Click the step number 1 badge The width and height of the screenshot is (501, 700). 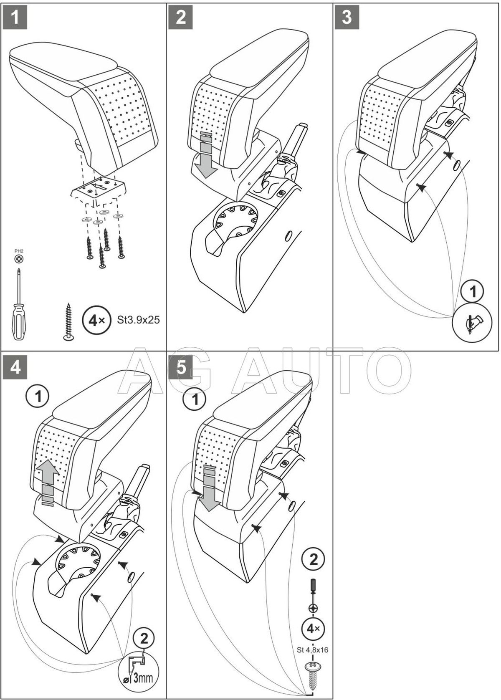click(x=15, y=17)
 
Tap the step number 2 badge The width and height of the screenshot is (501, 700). click(x=181, y=17)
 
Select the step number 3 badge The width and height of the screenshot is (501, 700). click(x=347, y=17)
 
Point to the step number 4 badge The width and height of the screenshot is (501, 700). click(x=15, y=368)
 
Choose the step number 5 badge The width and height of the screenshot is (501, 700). click(x=181, y=368)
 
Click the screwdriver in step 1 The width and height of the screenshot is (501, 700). click(x=18, y=306)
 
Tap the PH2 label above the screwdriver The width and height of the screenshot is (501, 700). click(x=19, y=251)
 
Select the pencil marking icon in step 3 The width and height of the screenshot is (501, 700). click(x=473, y=322)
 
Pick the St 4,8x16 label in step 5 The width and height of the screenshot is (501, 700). click(x=313, y=649)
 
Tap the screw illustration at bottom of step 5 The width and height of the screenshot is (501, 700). click(x=313, y=672)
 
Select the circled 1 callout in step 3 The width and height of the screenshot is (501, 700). click(x=473, y=292)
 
